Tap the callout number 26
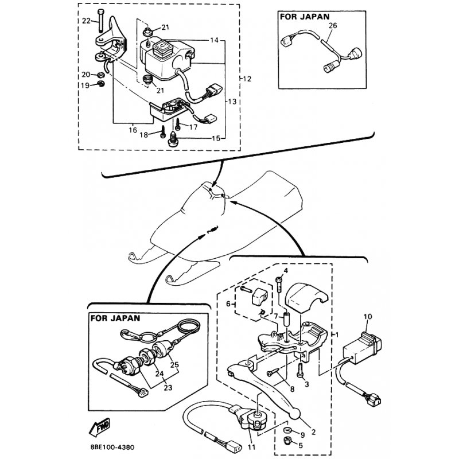[x=333, y=26]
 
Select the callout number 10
[x=367, y=316]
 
